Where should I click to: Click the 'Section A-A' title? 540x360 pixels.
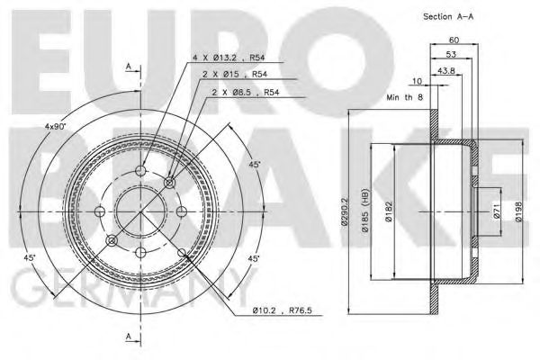click(447, 16)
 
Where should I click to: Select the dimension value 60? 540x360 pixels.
click(454, 39)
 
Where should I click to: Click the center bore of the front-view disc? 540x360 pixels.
click(141, 212)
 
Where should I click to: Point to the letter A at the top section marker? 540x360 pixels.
click(130, 65)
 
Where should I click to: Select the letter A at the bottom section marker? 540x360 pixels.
click(130, 337)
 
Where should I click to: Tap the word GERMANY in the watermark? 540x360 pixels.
click(117, 292)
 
